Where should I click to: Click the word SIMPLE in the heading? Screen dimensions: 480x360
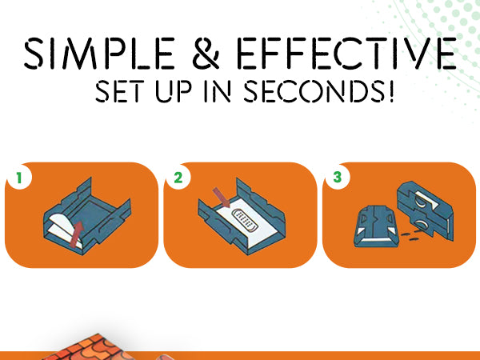click(x=99, y=53)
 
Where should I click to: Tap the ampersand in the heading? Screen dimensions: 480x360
click(x=206, y=53)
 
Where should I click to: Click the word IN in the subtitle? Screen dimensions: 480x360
click(x=218, y=91)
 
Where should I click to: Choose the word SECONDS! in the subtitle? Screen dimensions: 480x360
click(x=318, y=91)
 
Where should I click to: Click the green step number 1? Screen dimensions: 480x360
click(x=19, y=178)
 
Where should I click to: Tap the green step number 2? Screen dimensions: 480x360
click(x=178, y=178)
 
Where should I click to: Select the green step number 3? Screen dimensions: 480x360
click(x=337, y=178)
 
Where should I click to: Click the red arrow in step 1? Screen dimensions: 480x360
click(x=77, y=234)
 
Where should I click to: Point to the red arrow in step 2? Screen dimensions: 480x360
click(x=222, y=198)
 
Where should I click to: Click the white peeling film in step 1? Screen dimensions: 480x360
click(x=63, y=227)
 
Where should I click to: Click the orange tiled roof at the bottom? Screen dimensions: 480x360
click(x=89, y=348)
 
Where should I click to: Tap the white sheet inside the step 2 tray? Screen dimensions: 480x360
click(x=245, y=222)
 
